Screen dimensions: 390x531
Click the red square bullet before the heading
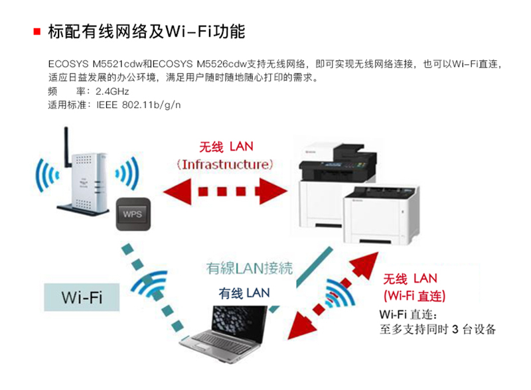[x=37, y=31]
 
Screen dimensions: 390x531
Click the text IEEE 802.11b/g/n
[x=139, y=105]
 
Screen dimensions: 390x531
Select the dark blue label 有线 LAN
[x=244, y=292]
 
